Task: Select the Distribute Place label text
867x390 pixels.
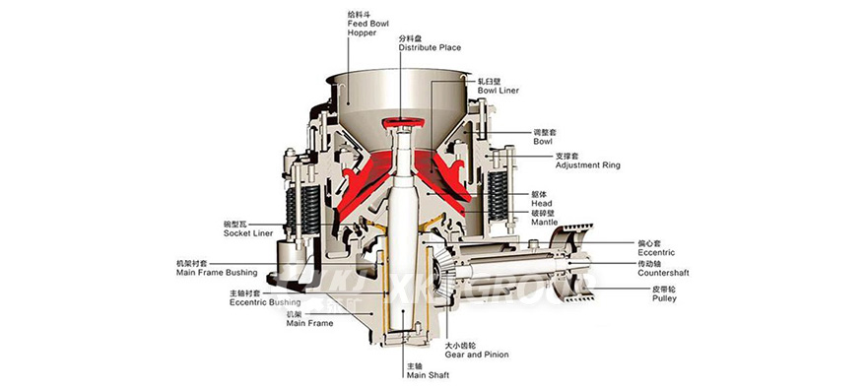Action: (x=430, y=46)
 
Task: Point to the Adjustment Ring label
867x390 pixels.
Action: (x=587, y=165)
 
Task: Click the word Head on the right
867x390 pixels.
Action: (x=541, y=203)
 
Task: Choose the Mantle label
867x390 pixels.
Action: (x=544, y=223)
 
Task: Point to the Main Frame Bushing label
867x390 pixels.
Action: (x=216, y=272)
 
